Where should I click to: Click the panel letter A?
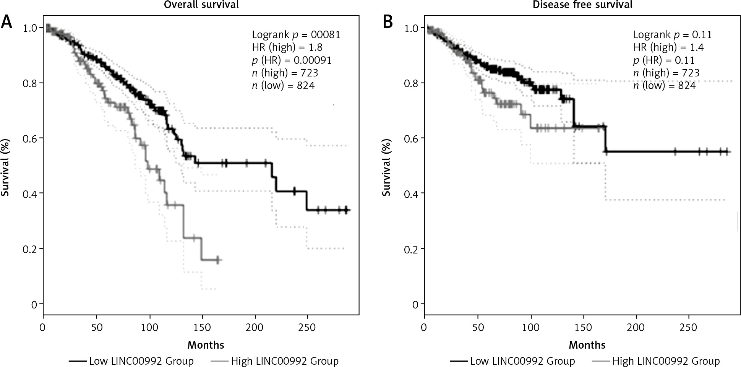(6, 22)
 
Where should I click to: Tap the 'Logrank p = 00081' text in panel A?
(296, 35)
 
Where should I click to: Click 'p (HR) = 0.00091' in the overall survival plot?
(292, 60)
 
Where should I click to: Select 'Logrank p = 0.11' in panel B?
(672, 35)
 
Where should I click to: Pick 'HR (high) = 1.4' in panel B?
(668, 47)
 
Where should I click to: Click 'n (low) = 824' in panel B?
(664, 85)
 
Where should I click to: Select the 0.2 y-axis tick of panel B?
(411, 249)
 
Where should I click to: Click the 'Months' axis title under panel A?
(206, 345)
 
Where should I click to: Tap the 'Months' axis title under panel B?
(587, 345)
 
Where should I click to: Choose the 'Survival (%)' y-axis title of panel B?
(387, 167)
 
